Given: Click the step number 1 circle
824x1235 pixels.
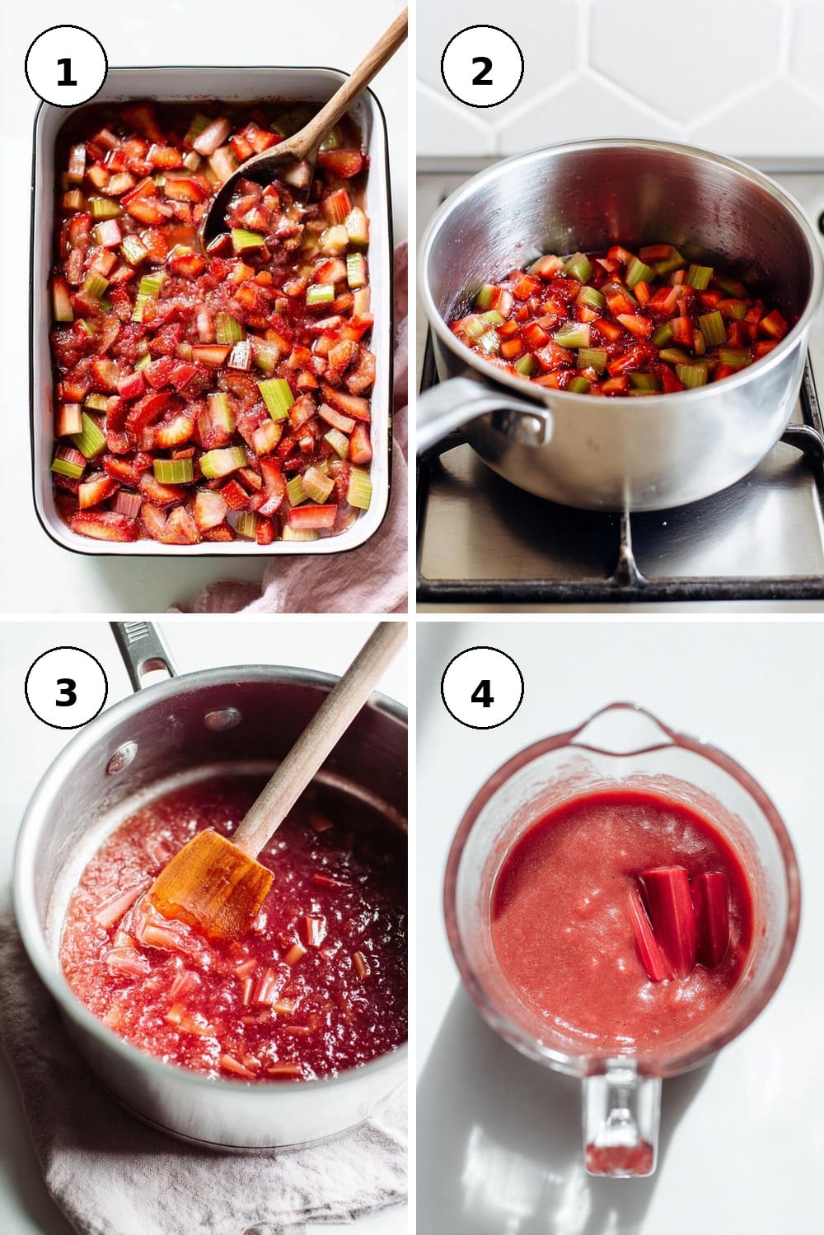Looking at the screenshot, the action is point(66,66).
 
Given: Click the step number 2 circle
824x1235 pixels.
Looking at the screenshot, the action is point(482,66).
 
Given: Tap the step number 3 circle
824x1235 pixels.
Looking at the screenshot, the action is point(66,688).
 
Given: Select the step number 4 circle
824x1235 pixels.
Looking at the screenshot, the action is point(482,688).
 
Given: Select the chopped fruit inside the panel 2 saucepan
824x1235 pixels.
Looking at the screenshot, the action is point(621,319).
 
